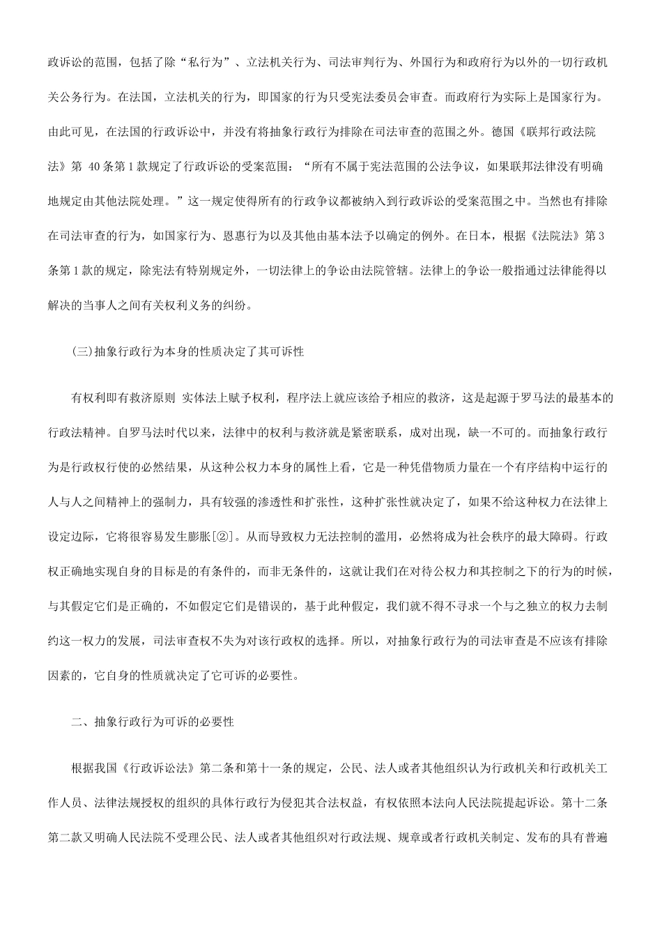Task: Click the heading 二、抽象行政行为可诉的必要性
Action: coord(153,722)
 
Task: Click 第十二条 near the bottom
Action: coord(587,803)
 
